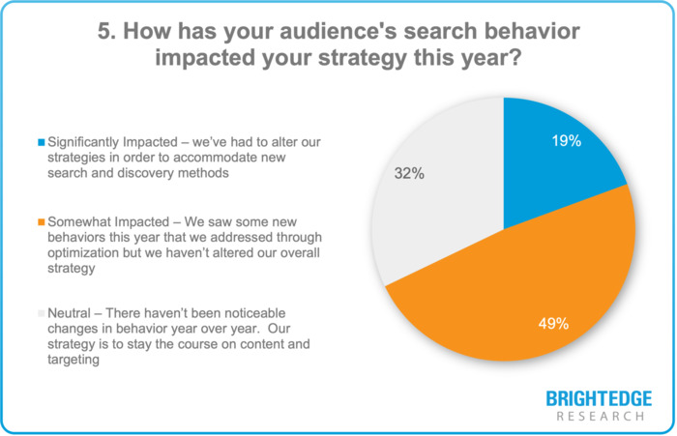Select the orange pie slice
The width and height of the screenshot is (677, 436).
513,290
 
